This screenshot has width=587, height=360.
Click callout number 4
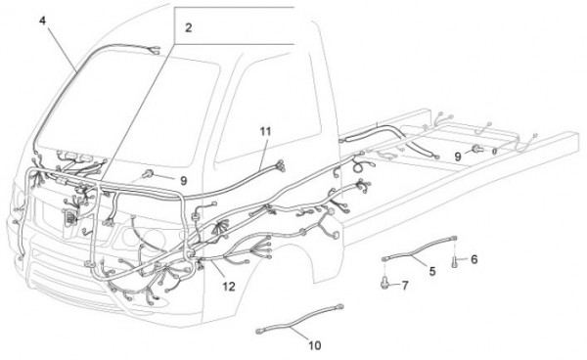[42, 21]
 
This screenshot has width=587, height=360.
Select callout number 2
[188, 27]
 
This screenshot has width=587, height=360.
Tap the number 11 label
[265, 131]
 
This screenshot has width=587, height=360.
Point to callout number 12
[229, 287]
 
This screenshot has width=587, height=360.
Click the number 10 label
[315, 345]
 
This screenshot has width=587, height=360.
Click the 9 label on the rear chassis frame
[458, 157]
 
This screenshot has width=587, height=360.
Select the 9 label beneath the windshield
[183, 181]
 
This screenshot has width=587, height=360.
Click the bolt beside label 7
[384, 282]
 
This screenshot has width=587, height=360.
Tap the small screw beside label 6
[455, 261]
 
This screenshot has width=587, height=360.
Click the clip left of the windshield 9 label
[148, 173]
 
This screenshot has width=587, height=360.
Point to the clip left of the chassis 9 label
[476, 149]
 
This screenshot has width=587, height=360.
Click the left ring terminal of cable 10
[259, 331]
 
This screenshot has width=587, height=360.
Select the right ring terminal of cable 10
[339, 306]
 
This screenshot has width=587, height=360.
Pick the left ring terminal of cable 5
[385, 258]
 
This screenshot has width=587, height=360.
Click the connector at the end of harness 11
[281, 165]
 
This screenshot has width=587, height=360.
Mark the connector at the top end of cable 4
[155, 50]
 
